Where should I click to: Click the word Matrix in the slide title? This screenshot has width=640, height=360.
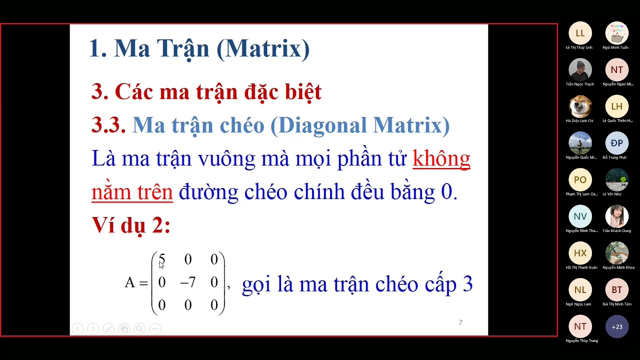tap(262, 49)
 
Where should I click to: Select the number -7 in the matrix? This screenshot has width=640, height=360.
tap(187, 283)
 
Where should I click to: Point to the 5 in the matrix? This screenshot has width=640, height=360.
tap(161, 259)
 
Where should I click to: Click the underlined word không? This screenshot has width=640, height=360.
tap(441, 158)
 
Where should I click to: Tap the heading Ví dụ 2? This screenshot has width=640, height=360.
tap(131, 225)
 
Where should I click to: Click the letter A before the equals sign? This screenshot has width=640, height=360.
tap(129, 283)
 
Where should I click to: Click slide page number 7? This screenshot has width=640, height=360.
tap(460, 322)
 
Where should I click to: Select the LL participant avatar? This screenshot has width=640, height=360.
tap(580, 33)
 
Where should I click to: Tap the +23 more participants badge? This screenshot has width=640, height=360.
tap(617, 327)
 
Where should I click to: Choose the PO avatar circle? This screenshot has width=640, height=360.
tap(580, 180)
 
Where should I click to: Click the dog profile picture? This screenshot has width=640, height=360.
tap(580, 106)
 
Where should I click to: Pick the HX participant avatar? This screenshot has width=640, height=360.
tap(580, 253)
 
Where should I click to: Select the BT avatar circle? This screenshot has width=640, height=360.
tap(617, 290)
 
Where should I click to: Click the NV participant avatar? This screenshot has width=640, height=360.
tap(580, 216)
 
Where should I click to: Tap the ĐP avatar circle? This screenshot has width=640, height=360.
tap(617, 143)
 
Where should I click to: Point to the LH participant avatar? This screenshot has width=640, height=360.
tap(617, 106)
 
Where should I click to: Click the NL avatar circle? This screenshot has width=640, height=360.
tap(580, 290)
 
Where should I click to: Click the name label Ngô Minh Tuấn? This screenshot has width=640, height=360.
tap(615, 47)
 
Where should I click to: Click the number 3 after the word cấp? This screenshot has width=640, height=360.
tap(467, 284)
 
